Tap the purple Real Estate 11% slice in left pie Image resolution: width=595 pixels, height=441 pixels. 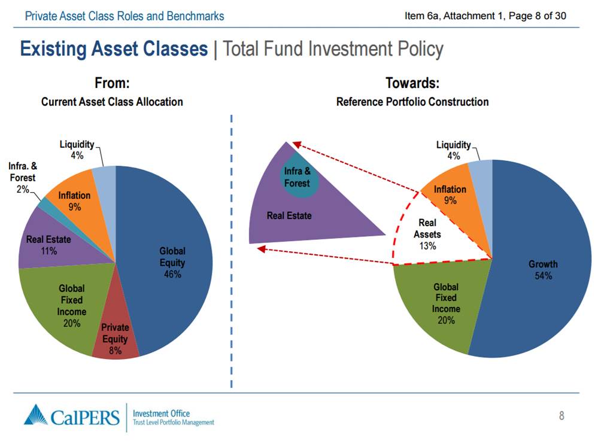pyautogui.click(x=48, y=245)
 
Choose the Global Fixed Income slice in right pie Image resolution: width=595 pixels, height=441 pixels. pyautogui.click(x=446, y=303)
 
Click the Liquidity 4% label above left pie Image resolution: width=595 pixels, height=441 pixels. pyautogui.click(x=77, y=150)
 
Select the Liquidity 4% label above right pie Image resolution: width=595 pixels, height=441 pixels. pyautogui.click(x=453, y=150)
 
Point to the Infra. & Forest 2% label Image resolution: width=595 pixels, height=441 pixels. pyautogui.click(x=22, y=178)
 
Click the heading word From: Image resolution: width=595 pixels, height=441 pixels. pyautogui.click(x=112, y=83)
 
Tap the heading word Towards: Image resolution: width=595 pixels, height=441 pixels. pyautogui.click(x=412, y=83)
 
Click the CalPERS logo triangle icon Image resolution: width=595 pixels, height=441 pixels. pyautogui.click(x=35, y=415)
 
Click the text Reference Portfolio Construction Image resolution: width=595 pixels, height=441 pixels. pyautogui.click(x=412, y=102)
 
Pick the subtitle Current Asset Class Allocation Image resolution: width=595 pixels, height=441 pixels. pyautogui.click(x=112, y=102)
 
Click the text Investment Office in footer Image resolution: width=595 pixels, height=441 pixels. pyautogui.click(x=161, y=413)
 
